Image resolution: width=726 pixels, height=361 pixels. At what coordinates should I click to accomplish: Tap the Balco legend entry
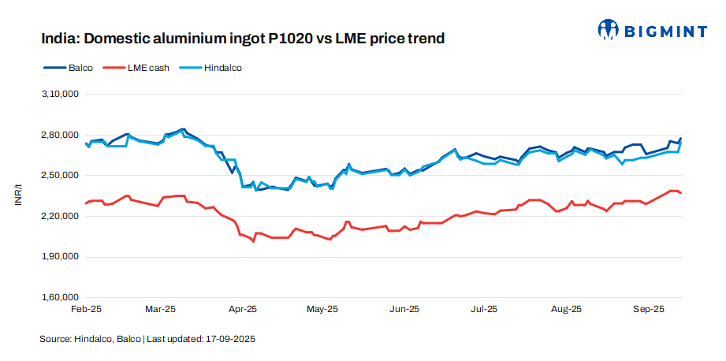(x=80, y=68)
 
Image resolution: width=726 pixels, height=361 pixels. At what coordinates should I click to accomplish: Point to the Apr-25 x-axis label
(x=242, y=310)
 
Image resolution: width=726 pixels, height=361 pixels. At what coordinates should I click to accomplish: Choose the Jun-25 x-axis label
(x=404, y=310)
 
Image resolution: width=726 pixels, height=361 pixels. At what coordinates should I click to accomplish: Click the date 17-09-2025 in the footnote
(x=230, y=339)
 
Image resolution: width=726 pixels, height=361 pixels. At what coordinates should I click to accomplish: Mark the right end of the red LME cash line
(x=681, y=193)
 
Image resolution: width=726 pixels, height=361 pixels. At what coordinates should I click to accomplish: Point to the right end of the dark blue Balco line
(x=681, y=139)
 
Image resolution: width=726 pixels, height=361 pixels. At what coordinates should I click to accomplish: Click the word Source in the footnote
(x=54, y=339)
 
